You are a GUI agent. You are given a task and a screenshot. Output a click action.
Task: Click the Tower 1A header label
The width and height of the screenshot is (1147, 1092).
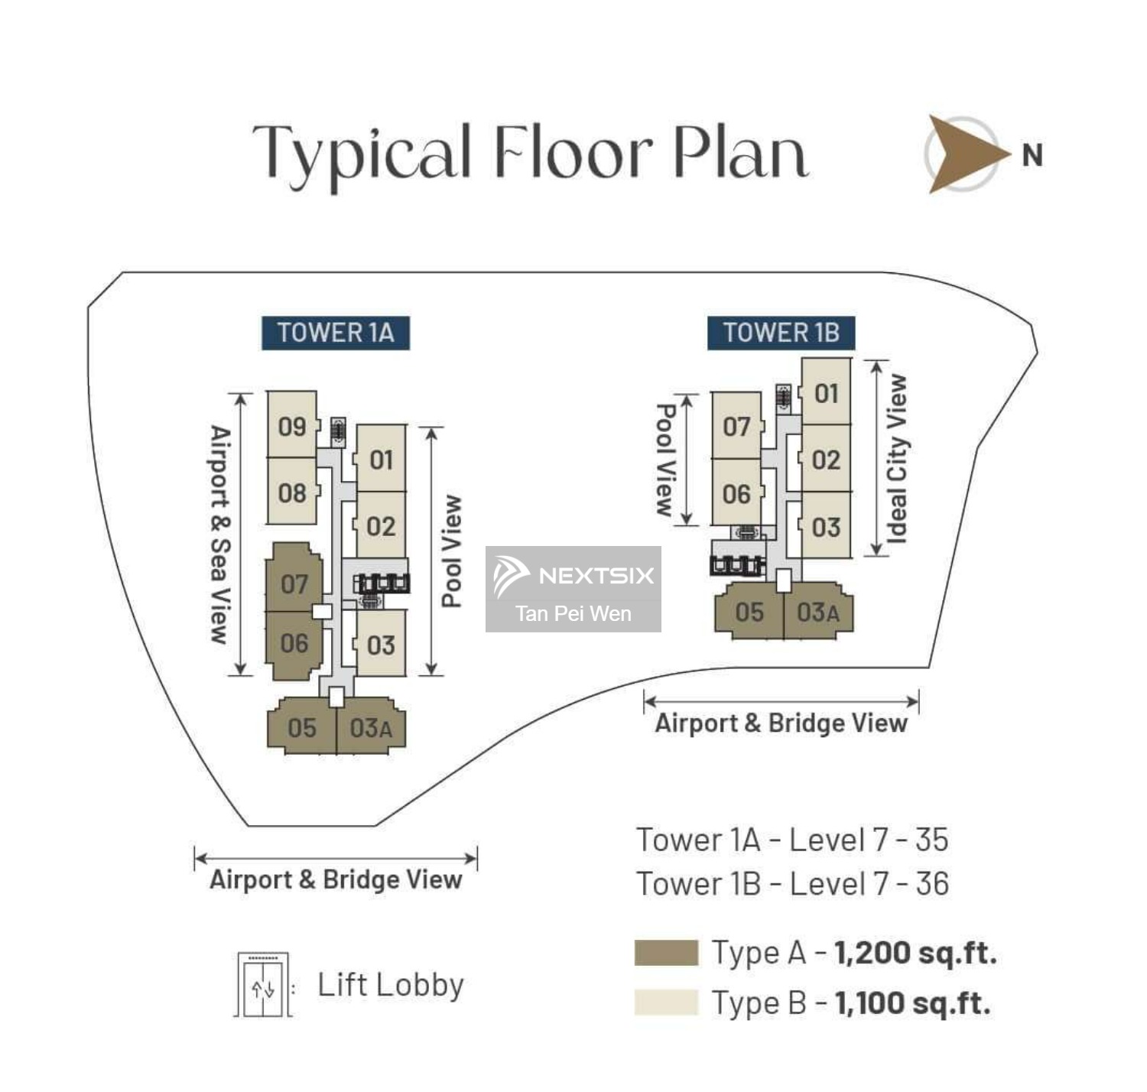[x=335, y=333]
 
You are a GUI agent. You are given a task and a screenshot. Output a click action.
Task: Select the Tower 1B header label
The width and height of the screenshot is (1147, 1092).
[x=781, y=333]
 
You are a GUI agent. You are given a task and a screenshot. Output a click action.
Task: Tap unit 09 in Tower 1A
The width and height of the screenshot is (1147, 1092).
[x=292, y=426]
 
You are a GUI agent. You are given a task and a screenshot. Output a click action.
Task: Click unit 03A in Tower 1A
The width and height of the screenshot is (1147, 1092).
[x=371, y=728]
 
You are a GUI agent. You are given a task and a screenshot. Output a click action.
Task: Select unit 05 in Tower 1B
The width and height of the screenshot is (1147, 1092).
[x=749, y=612]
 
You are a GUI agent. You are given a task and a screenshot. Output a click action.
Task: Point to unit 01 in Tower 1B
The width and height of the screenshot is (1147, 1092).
[x=826, y=393]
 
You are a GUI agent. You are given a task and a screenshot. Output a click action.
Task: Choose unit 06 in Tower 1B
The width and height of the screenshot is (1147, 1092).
[x=736, y=494]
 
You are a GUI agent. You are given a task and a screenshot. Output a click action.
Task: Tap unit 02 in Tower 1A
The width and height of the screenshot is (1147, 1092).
[x=381, y=526]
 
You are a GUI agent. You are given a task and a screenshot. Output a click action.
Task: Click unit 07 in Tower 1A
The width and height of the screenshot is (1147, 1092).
[x=294, y=584]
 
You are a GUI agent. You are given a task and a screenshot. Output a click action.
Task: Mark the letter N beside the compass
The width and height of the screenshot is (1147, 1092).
[x=1032, y=155]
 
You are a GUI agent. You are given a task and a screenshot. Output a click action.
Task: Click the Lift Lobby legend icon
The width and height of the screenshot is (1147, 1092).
[x=263, y=985]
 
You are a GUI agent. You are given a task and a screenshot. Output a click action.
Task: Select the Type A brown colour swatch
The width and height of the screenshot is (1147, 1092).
[x=666, y=953]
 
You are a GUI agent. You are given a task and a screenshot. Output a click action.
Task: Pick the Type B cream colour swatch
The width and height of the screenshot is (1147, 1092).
[x=666, y=1003]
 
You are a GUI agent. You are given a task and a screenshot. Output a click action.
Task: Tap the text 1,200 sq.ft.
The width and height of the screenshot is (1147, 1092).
[x=915, y=953]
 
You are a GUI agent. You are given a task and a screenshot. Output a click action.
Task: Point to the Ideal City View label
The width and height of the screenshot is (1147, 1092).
[x=896, y=459]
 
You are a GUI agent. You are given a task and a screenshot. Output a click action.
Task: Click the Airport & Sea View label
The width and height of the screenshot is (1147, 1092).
[x=220, y=535]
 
